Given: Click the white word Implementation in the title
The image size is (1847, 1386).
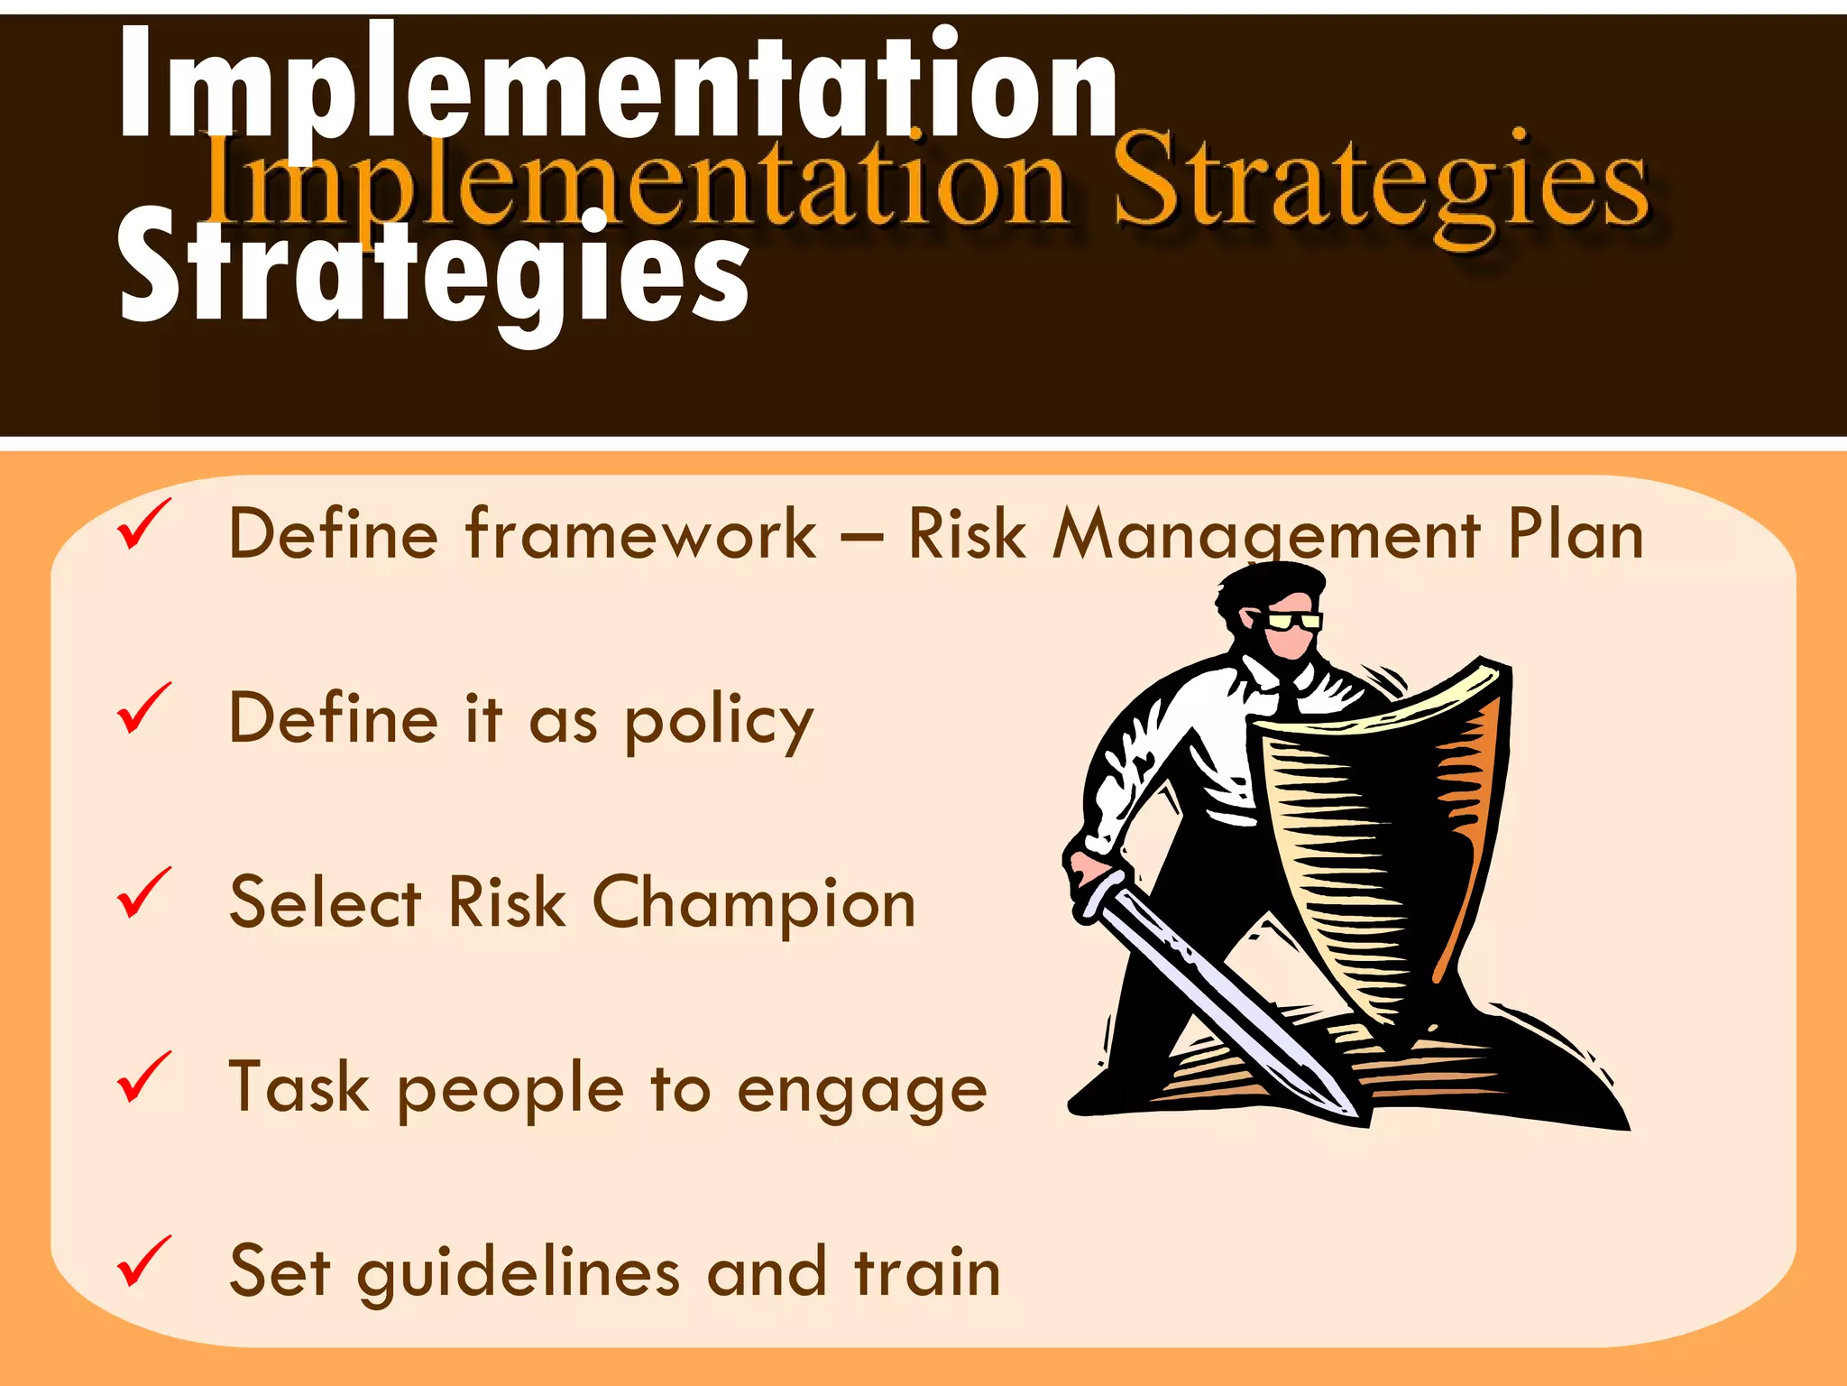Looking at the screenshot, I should pyautogui.click(x=618, y=86).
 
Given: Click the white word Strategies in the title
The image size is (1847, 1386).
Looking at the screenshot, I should pyautogui.click(x=433, y=271).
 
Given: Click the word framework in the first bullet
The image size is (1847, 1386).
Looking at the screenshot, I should pyautogui.click(x=640, y=534).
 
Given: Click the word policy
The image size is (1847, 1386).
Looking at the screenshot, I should pyautogui.click(x=719, y=722).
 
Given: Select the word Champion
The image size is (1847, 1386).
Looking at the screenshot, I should pyautogui.click(x=754, y=904).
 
